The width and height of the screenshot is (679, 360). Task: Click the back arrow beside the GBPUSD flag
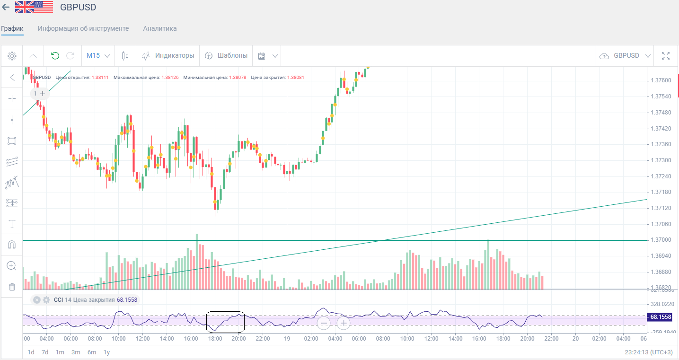(6, 7)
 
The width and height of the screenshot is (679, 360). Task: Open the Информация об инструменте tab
(83, 28)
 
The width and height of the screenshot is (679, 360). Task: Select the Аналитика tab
(160, 28)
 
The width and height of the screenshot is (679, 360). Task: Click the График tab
(12, 28)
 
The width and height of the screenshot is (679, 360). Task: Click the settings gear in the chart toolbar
(12, 56)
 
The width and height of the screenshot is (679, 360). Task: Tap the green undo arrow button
(55, 56)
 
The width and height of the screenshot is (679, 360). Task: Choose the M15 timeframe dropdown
(98, 56)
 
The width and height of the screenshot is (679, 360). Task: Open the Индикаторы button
(168, 56)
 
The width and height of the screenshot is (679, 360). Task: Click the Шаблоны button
(226, 56)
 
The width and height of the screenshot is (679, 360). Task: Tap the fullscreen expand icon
(666, 56)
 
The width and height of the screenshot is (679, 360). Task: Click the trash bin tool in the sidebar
(12, 287)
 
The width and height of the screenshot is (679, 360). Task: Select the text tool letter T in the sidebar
(12, 224)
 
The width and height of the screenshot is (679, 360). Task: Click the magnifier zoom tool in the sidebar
(12, 265)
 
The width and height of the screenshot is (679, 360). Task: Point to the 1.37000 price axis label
(661, 240)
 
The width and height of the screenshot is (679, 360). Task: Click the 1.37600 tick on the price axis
(661, 80)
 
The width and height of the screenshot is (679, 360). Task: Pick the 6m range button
(92, 352)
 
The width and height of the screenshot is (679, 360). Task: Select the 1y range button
(107, 352)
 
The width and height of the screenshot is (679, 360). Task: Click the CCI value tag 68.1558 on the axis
(661, 317)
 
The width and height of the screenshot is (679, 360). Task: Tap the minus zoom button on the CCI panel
(324, 324)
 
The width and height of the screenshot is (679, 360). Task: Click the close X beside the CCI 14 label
(37, 300)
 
